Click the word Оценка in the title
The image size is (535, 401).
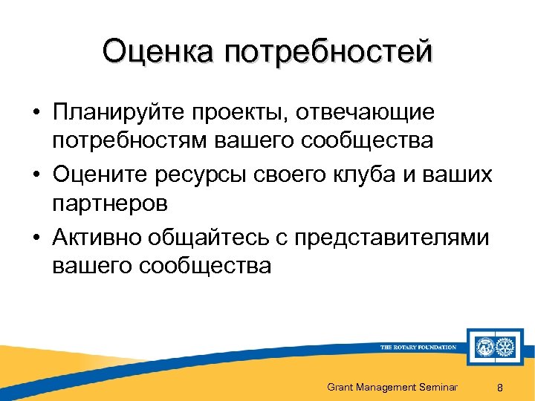tap(157, 53)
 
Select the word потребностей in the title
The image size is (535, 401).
tap(326, 53)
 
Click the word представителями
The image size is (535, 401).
tap(392, 238)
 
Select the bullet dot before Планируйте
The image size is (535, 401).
tap(36, 114)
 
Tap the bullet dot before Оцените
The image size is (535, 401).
tap(36, 176)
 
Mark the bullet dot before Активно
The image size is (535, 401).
tap(36, 238)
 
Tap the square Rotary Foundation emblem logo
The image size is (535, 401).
tap(493, 347)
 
